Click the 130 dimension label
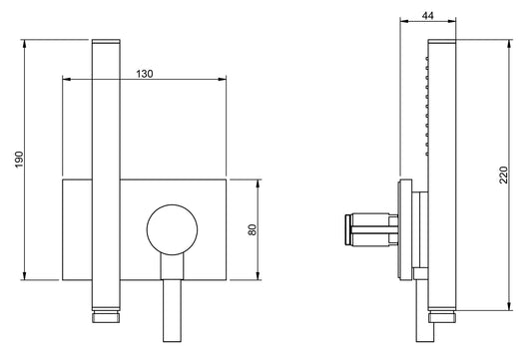pos(145,74)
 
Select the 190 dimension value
pos(19,160)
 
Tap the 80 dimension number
pos(253,229)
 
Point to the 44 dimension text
pos(428,15)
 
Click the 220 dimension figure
pos(504,175)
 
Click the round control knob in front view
pos(172,229)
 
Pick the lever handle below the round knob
pos(172,297)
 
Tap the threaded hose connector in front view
pos(106,316)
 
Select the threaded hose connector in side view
pos(442,316)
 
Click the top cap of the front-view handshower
pos(106,42)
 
